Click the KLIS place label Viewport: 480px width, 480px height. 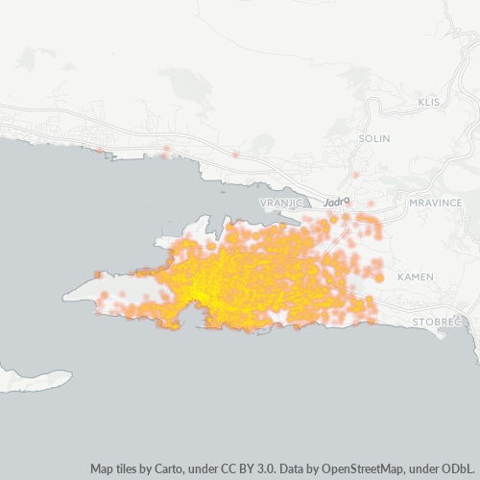[x=428, y=102]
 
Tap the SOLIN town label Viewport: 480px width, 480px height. [x=373, y=138]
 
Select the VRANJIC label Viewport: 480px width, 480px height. [x=281, y=204]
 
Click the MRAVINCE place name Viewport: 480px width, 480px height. [x=436, y=204]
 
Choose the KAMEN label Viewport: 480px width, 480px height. [x=415, y=276]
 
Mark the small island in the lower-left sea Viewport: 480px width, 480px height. [x=35, y=378]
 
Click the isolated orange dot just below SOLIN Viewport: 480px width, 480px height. [x=355, y=176]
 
